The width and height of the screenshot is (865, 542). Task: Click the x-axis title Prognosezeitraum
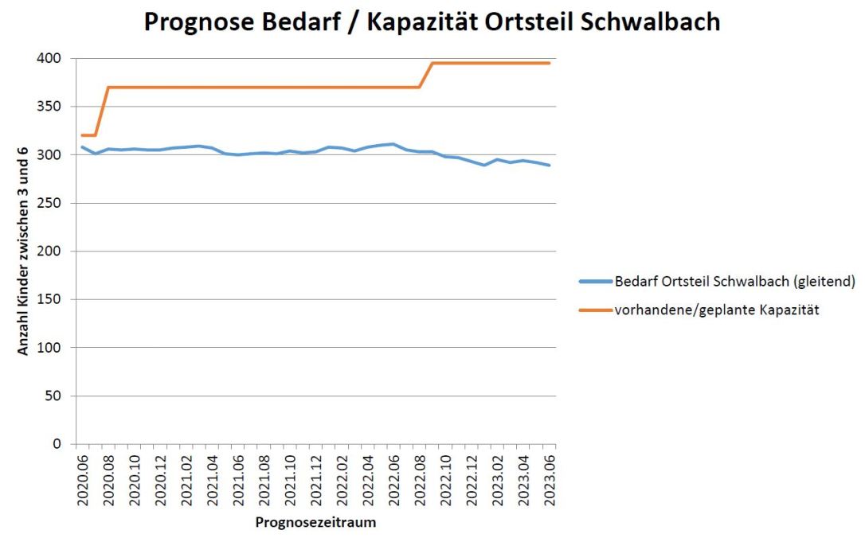tap(315, 523)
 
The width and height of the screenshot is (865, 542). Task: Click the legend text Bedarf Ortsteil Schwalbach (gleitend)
tap(734, 282)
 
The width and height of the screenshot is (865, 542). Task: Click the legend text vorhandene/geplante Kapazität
tap(716, 310)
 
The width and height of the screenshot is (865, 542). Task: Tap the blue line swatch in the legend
tap(596, 282)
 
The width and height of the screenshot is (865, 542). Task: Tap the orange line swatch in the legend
tap(596, 310)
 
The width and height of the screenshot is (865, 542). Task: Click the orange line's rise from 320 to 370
tap(102, 111)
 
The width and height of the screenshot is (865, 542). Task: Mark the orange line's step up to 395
tap(426, 76)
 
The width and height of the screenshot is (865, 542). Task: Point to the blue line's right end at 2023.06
tap(549, 165)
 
